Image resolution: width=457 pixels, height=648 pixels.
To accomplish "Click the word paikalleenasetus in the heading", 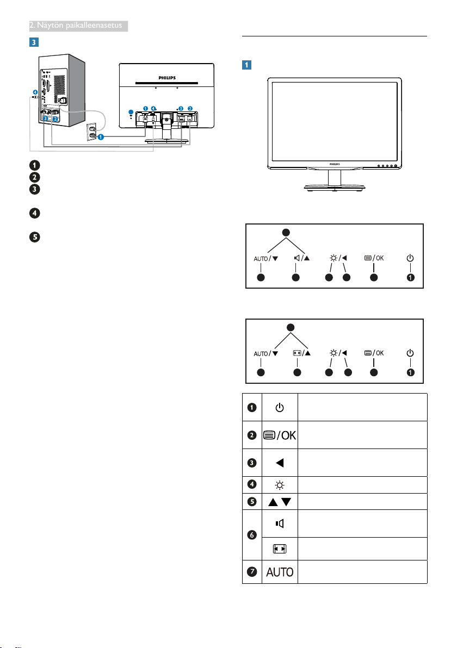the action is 94,26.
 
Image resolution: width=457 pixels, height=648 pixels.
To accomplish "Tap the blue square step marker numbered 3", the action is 34,42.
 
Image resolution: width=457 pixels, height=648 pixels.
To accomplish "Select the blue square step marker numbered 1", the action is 246,65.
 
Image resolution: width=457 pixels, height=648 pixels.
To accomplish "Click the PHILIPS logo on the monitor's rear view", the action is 167,78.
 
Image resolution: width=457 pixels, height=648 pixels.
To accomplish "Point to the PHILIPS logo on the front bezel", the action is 335,164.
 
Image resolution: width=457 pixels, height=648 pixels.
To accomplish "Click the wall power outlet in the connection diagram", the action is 92,132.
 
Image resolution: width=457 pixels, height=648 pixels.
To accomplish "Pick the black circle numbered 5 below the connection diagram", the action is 35,237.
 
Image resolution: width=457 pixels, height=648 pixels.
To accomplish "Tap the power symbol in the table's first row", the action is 280,408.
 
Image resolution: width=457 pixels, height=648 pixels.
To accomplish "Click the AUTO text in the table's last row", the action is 280,572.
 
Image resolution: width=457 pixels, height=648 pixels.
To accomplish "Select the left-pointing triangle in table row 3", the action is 280,463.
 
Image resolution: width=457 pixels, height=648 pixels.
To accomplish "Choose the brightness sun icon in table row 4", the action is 280,485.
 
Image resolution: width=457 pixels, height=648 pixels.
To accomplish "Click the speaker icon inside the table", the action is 280,524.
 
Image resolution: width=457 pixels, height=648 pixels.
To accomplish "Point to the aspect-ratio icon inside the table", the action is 280,549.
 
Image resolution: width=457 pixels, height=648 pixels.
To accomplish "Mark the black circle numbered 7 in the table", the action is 252,572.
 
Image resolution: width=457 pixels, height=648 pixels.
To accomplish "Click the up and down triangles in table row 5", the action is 280,502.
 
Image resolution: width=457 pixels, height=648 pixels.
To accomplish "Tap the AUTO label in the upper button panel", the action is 261,259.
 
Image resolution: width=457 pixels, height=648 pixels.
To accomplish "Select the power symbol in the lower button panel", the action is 410,353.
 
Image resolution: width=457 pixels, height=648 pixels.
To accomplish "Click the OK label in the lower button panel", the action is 380,353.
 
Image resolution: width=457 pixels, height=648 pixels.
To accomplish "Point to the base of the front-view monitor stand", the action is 335,188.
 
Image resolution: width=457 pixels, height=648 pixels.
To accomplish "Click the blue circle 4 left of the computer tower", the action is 35,92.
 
